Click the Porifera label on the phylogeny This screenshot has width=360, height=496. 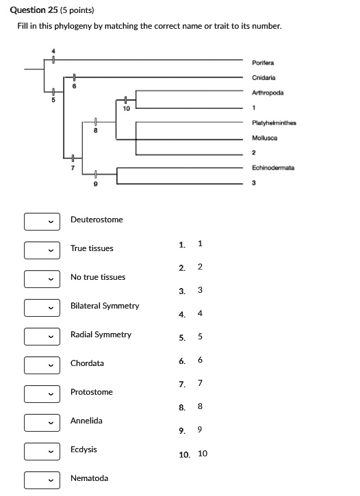click(263, 62)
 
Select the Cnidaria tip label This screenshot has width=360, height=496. click(263, 77)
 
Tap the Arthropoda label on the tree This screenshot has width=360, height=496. click(268, 92)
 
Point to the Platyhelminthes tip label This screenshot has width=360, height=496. click(273, 122)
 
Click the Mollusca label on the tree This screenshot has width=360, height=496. click(264, 138)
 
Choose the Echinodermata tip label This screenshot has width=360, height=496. click(272, 168)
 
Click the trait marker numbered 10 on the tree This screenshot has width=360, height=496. click(126, 109)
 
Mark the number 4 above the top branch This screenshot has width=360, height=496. click(54, 52)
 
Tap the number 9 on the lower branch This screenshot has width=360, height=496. click(95, 183)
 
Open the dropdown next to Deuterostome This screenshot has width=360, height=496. click(40, 220)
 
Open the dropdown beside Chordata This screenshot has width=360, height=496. click(40, 364)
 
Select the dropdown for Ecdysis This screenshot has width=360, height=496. click(40, 450)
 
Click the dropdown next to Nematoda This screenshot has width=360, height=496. click(40, 479)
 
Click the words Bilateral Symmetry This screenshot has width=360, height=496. click(105, 306)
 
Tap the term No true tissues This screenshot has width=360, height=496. click(98, 277)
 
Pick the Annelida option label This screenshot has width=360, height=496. click(86, 421)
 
